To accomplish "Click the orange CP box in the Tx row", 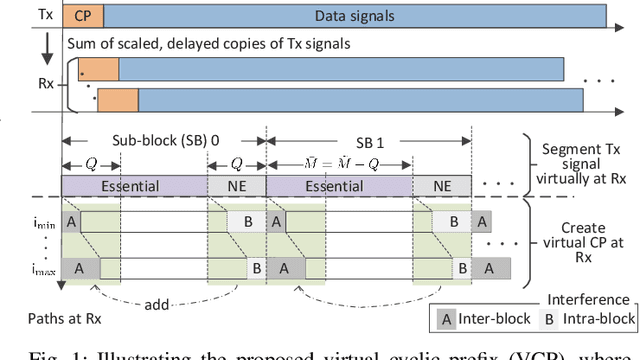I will coord(82,15).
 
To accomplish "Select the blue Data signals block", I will coord(354,15).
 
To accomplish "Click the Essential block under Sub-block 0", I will coord(134,185).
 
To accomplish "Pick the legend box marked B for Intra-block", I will coord(548,319).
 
